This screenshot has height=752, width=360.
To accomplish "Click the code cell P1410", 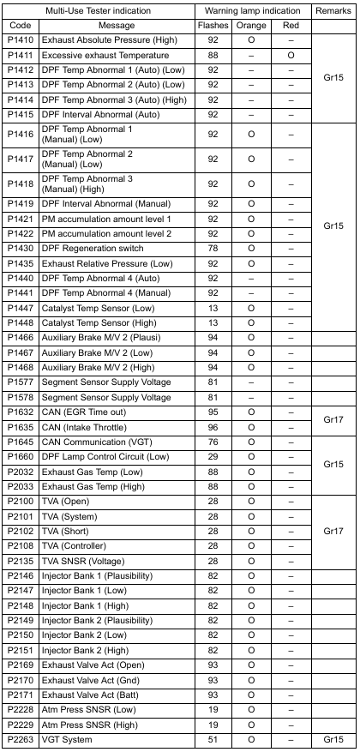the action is (x=21, y=39).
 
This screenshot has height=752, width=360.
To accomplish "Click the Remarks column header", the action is (x=334, y=11).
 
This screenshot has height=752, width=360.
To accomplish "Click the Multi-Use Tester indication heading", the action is (x=98, y=11).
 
